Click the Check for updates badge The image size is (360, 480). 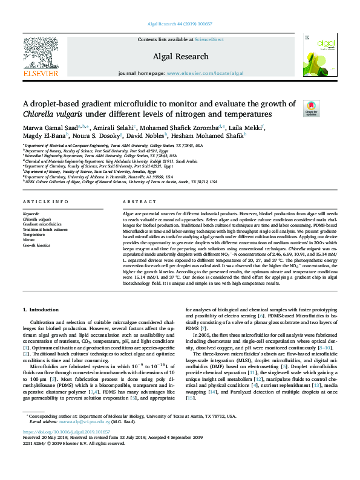pos(312,109)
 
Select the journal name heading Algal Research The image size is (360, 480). pos(180,55)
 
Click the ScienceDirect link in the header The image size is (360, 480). pos(209,39)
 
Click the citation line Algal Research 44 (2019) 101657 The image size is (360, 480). pos(180,24)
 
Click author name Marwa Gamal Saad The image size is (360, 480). pos(52,128)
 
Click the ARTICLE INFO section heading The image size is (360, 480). pos(45,202)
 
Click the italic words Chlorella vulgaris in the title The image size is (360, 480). pos(56,114)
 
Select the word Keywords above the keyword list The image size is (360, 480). pos(31,214)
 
